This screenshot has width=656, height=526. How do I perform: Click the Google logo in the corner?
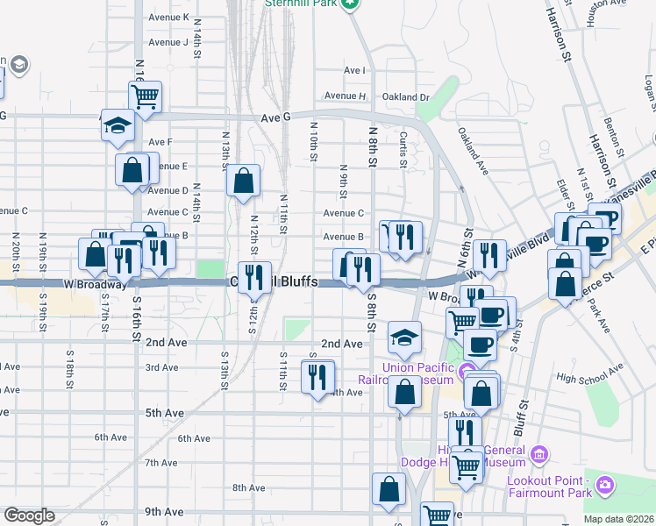point(29,515)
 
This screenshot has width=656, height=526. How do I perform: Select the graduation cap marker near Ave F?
point(117,125)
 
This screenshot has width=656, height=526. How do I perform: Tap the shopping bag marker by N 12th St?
point(244,181)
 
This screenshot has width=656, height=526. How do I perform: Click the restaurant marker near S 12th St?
point(255,277)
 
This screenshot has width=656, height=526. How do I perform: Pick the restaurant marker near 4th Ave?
point(317,376)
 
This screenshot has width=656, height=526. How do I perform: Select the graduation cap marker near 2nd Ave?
point(404,337)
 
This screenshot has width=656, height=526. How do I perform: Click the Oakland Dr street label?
point(405,97)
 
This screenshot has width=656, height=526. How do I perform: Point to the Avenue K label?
point(169,18)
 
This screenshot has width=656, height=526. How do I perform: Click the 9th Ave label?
point(164,512)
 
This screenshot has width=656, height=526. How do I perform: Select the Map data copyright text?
point(619,519)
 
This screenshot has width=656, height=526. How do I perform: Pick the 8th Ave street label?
point(249,487)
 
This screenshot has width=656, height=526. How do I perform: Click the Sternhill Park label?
point(301,4)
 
